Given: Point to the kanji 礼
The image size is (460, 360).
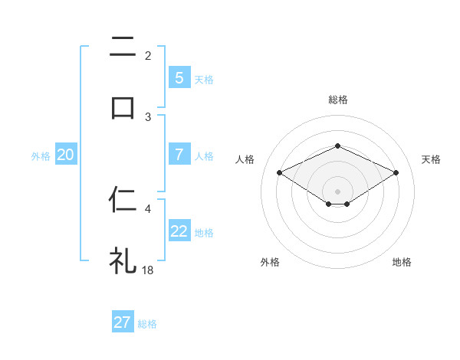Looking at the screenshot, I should pos(123,260).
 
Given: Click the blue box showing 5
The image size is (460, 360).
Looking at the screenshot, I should pos(179,77).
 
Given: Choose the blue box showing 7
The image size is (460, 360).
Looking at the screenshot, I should pos(179,155).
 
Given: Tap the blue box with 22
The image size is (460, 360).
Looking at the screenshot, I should pos(179,231).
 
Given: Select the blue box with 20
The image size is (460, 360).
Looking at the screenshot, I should pos(65,155).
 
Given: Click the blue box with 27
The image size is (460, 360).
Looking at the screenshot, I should pos(122,322).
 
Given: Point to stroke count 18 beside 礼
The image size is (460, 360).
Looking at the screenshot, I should pos(148,270).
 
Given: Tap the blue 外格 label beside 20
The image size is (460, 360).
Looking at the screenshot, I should pos(41,156).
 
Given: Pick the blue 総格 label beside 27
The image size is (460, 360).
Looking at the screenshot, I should pos(147,324).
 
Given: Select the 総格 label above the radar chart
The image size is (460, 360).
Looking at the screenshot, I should pos(337,100).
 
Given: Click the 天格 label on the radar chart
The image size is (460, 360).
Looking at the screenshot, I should pos(431,159).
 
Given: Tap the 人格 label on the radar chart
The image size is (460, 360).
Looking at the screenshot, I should pos(245,159).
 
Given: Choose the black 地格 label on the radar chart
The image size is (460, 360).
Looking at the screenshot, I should pos(402,262).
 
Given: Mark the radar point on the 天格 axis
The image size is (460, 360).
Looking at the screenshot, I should pos(396,172).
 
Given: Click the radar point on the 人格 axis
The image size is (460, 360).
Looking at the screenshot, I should pos(279,172).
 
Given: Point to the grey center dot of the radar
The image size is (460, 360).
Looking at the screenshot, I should pos(337,191).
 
